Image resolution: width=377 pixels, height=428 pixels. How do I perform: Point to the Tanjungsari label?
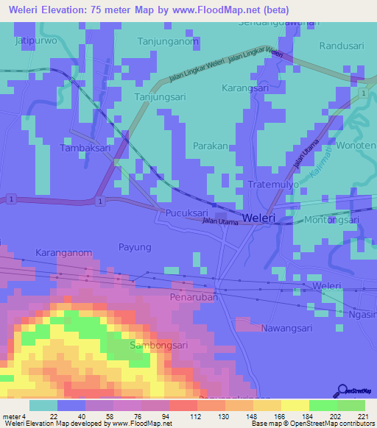click(x=160, y=96)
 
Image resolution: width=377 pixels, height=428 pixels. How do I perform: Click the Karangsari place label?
click(x=245, y=88)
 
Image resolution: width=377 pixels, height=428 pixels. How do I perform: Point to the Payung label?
click(x=135, y=247)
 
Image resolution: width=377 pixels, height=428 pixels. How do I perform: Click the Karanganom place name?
click(x=64, y=252)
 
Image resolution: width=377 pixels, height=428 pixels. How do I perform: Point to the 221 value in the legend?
click(x=364, y=416)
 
